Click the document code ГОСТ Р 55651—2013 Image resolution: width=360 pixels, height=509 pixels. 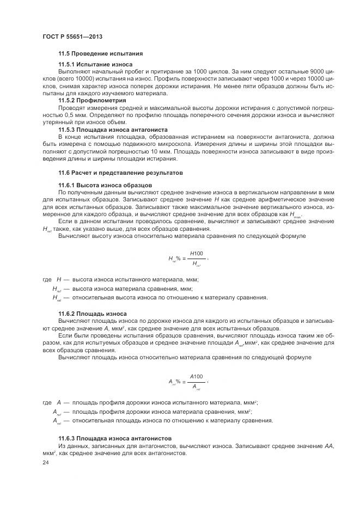pos(72,36)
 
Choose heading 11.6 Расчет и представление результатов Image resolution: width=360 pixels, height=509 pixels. pos(120,173)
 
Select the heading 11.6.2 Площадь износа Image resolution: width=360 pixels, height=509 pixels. pos(93,314)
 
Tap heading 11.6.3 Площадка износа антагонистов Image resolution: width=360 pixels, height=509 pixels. pos(115,438)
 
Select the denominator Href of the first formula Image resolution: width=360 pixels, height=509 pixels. pos(196,264)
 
